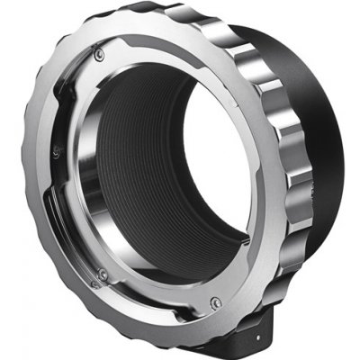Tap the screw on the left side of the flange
click(x=55, y=154)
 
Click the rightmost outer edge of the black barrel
click(x=346, y=135)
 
